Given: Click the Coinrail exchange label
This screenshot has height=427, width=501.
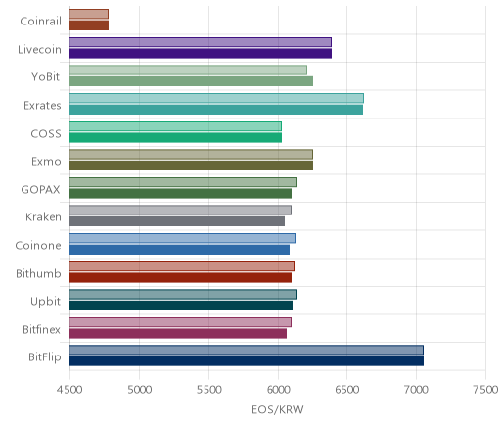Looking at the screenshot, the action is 40,22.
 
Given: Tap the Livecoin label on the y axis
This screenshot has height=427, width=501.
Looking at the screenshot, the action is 39,50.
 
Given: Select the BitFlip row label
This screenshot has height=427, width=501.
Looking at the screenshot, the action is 45,357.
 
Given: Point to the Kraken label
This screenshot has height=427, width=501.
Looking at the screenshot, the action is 43,217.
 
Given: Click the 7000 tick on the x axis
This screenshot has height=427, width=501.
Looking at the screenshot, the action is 416,390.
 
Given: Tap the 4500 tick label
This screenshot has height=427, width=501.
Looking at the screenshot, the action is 69,390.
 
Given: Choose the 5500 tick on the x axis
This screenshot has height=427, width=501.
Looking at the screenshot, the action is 208,390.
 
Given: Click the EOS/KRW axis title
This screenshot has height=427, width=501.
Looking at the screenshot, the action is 278,409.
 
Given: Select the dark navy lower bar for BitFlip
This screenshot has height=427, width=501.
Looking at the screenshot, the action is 247,361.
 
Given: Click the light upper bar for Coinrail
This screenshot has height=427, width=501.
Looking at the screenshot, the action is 89,14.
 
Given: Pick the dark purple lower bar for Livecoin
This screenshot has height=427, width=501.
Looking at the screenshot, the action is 201,53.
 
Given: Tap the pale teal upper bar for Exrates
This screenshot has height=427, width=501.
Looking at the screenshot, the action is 216,98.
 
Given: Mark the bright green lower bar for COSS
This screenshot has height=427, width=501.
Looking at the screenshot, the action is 175,137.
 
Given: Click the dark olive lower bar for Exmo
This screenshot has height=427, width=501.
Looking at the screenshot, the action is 191,166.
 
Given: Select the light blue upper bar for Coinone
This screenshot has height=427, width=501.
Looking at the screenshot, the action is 182,238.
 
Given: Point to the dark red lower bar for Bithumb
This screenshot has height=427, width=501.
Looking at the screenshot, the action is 180,278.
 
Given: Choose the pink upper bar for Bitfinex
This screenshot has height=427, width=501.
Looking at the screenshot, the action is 180,322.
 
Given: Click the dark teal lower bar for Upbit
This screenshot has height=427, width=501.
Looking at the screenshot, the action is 181,306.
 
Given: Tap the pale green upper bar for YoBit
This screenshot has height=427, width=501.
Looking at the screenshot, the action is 188,71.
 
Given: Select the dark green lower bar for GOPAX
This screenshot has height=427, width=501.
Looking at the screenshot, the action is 180,194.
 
